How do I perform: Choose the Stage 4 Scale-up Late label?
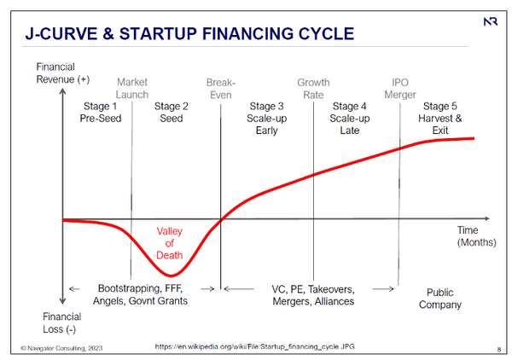[349, 119]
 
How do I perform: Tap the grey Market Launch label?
[132, 89]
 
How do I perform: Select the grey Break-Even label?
[220, 89]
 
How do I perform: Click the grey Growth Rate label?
[313, 89]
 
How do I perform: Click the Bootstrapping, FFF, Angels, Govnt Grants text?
[143, 295]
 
